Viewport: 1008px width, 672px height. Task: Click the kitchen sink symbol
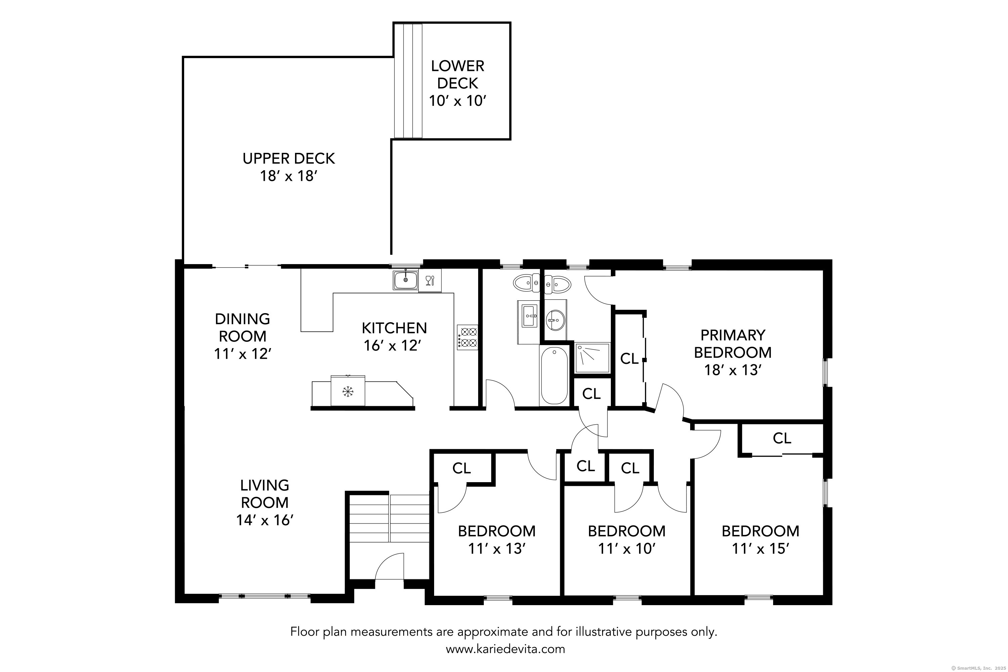coord(406,280)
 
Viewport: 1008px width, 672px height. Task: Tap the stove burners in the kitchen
coord(467,337)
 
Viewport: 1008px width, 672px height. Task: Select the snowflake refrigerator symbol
coord(347,391)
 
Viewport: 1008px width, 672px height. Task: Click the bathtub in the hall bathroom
coord(554,376)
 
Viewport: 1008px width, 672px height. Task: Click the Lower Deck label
coord(457,75)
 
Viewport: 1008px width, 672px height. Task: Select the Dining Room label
coord(242,327)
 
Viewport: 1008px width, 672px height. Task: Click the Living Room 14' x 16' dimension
coord(264,520)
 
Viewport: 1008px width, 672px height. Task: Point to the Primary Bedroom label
coord(732,344)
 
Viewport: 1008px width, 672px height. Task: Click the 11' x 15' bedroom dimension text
coord(760,549)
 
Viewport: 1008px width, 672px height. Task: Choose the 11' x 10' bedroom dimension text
coord(627,549)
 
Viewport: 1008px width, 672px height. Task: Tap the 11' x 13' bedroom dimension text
coord(497,549)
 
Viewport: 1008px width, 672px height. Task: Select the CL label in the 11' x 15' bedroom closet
coord(782,438)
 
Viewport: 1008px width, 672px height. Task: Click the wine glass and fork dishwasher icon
coord(429,281)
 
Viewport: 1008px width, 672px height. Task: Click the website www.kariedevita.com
coord(505,649)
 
